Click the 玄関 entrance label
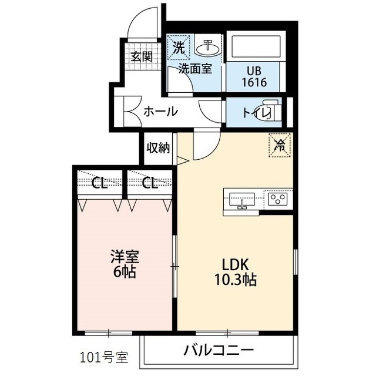tap(142, 56)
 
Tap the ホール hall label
tap(160, 111)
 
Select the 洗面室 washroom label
tap(195, 68)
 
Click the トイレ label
tap(251, 111)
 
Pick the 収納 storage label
tap(158, 147)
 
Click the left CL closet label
tap(99, 183)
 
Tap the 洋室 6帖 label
tap(125, 264)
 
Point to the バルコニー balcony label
tap(219, 351)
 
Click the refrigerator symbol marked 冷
tap(280, 144)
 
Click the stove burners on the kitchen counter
tap(277, 200)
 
